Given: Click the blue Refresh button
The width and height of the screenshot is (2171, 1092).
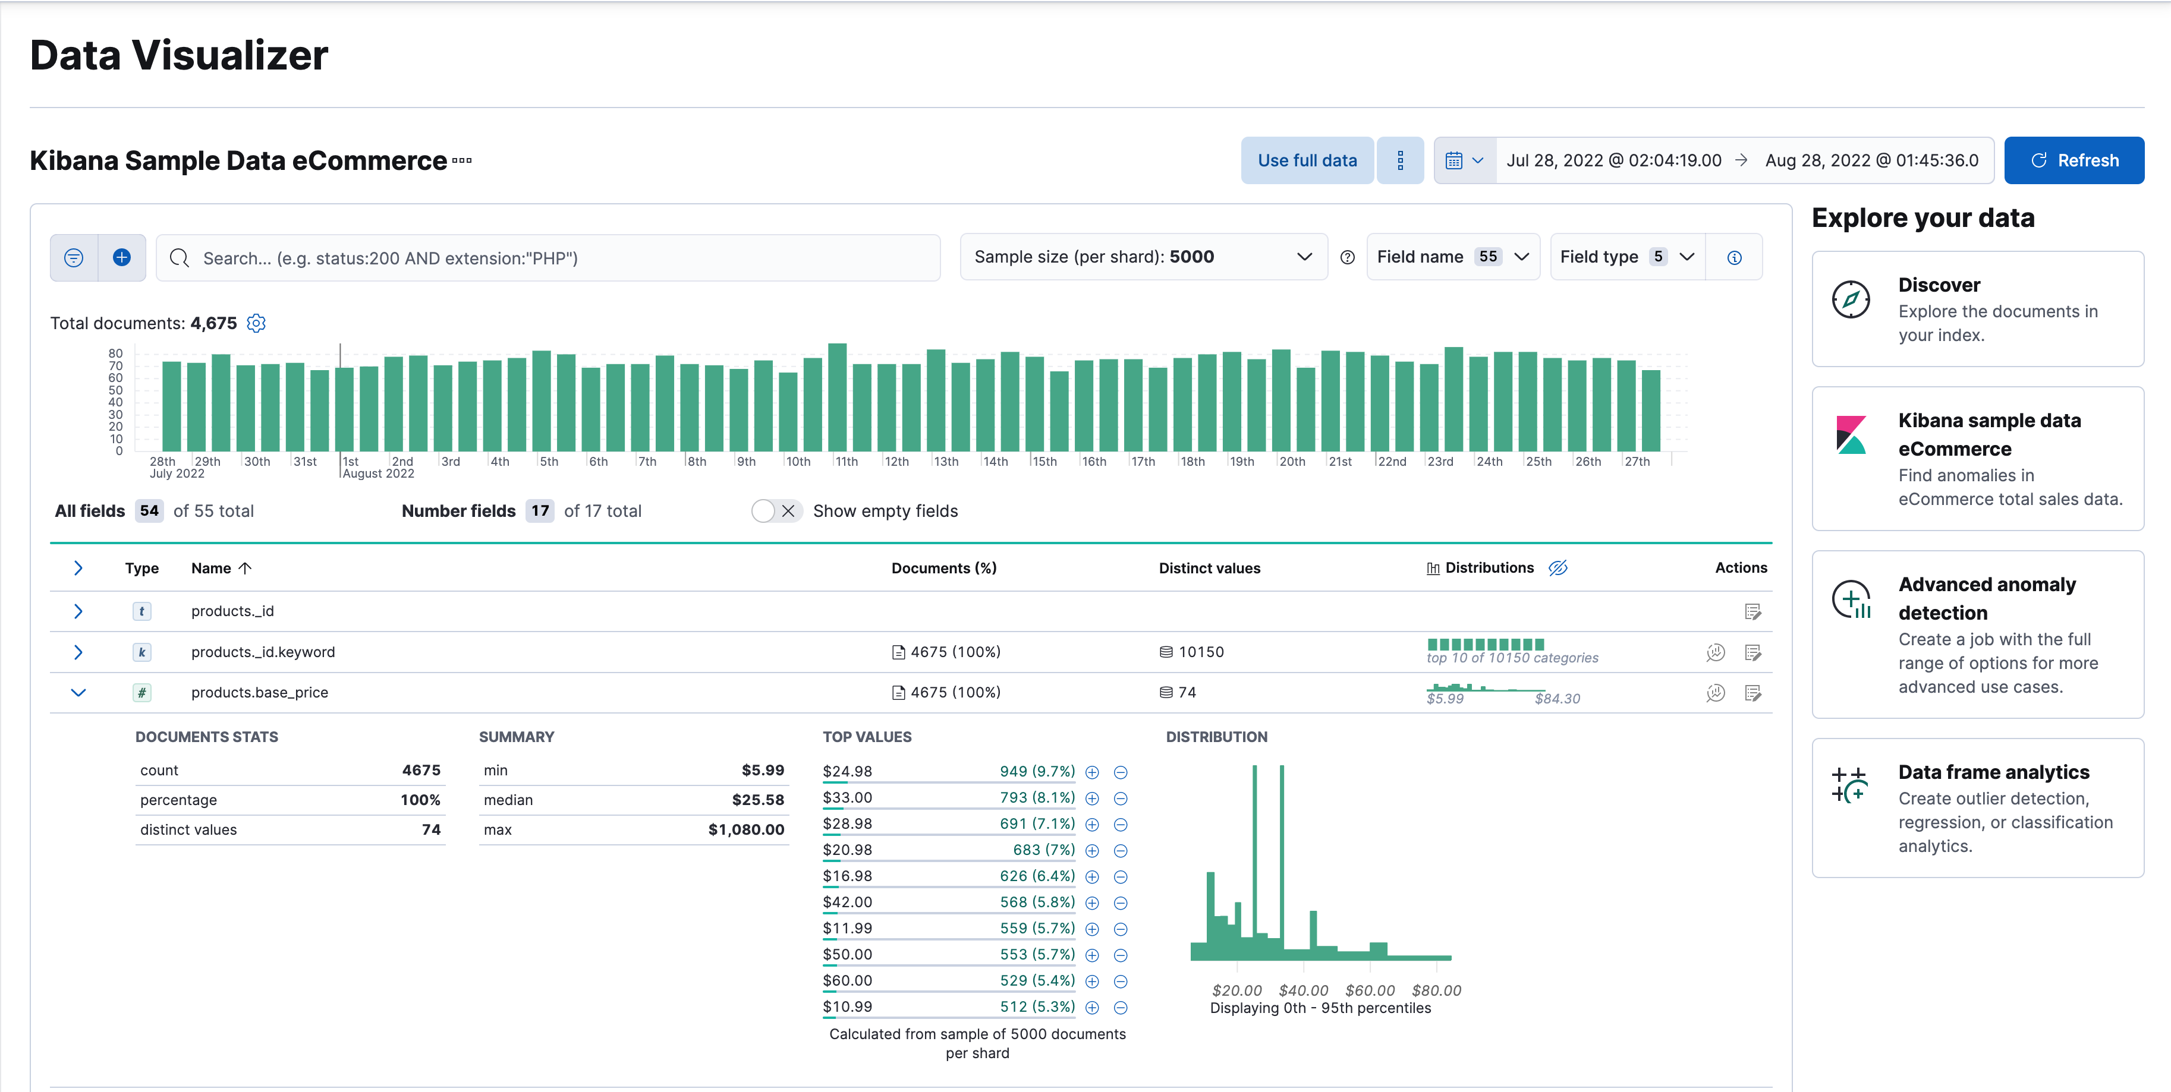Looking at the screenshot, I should point(2074,160).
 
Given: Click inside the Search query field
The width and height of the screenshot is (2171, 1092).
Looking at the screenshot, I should point(556,258).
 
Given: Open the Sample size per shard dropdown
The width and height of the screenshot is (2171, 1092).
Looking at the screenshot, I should point(1142,257).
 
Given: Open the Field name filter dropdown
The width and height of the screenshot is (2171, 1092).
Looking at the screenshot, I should point(1452,257).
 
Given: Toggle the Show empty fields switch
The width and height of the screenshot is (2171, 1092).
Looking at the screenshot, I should point(775,510).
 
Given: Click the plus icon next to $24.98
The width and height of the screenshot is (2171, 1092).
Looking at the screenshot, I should point(1092,772).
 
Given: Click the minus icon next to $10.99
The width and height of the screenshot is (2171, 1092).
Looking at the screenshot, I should point(1121,1007).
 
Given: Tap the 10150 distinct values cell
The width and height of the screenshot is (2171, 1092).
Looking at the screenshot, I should point(1200,651).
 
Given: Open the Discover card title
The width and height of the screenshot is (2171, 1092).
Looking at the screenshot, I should point(1939,285).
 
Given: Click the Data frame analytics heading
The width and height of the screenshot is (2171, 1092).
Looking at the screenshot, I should point(1993,772).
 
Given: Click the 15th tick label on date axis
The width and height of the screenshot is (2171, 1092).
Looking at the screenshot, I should point(1044,462).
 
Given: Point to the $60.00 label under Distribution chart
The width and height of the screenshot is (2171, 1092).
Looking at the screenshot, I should point(1370,990).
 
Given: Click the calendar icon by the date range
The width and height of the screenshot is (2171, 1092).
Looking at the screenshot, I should point(1454,160).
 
